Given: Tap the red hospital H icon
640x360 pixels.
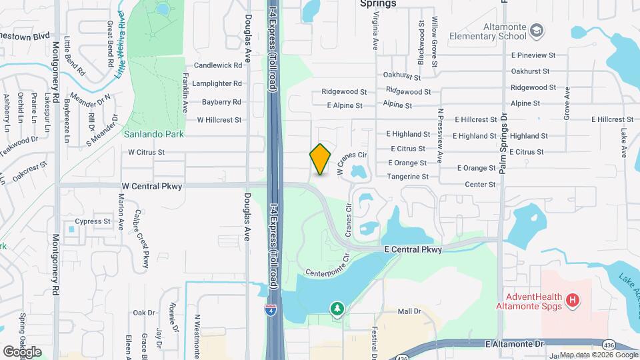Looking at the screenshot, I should [x=571, y=301].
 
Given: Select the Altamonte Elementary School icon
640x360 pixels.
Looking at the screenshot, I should [x=537, y=31].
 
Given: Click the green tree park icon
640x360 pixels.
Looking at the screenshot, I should [x=338, y=309].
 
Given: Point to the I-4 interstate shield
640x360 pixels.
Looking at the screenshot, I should [x=270, y=310].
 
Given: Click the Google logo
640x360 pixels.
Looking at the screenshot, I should [x=22, y=351].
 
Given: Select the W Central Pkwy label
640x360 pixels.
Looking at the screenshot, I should [x=151, y=187].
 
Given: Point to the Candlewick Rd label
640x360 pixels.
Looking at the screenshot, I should [x=217, y=66].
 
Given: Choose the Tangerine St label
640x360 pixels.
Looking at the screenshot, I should [x=408, y=177].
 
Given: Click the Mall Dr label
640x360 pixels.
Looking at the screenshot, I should [x=409, y=311].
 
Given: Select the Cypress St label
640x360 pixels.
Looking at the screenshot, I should [x=93, y=221].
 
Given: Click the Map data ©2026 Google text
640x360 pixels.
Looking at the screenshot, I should [x=598, y=355].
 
